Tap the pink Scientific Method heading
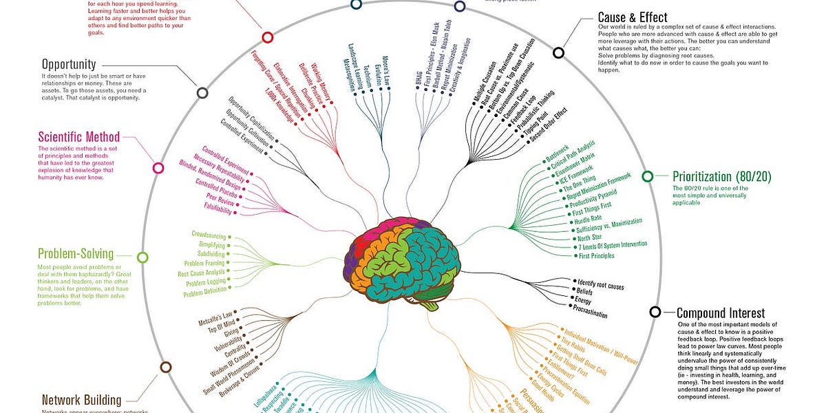[x=79, y=136]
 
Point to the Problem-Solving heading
[x=76, y=254]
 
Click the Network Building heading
[x=81, y=400]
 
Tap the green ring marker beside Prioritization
[x=648, y=176]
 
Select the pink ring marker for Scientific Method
[x=158, y=167]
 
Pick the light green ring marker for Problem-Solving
[x=142, y=257]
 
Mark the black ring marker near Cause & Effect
[x=558, y=52]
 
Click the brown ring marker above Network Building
[x=165, y=368]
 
